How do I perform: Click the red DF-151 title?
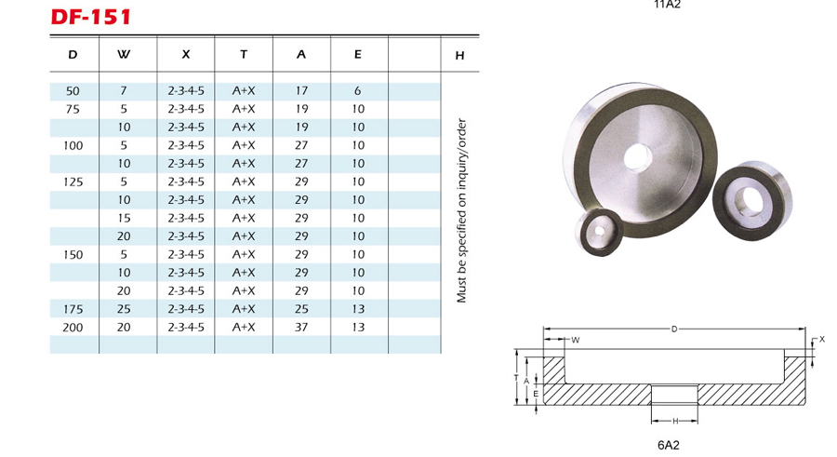91,17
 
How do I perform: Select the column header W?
124,54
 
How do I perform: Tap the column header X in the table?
186,54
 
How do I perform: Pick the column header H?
459,55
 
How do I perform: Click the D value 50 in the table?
73,91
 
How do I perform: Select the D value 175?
73,309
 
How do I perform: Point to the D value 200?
73,327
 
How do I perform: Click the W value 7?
124,91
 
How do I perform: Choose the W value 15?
124,218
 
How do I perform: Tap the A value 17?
301,91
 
